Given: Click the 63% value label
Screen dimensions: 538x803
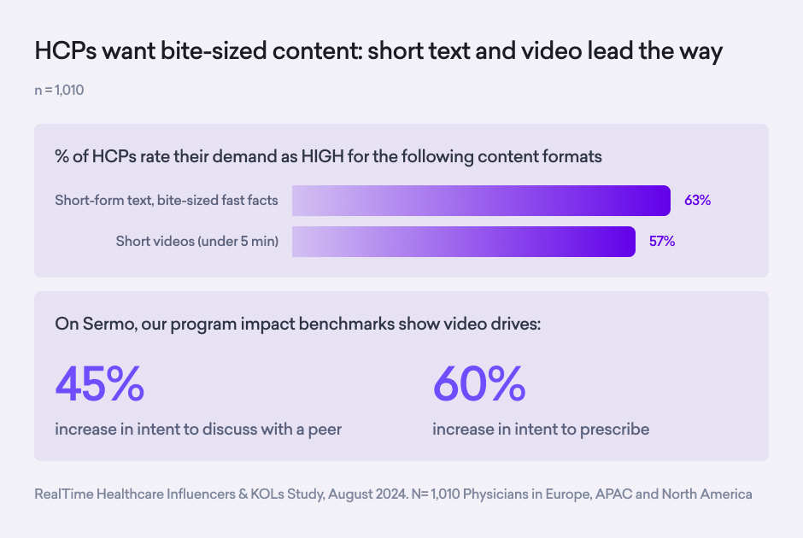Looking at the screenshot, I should click(697, 201).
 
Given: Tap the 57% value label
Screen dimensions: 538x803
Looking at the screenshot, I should click(662, 241).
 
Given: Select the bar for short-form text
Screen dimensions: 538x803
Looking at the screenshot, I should click(481, 201).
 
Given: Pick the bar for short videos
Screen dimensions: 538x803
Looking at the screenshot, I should click(464, 241).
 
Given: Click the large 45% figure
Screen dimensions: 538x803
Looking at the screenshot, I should click(100, 384).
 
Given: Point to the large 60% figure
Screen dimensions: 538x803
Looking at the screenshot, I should click(479, 384).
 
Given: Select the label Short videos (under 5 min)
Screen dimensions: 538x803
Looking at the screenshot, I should click(197, 241).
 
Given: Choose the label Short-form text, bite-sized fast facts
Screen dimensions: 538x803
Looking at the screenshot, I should click(167, 201).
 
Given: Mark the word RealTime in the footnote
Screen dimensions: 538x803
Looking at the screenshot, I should click(64, 494).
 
